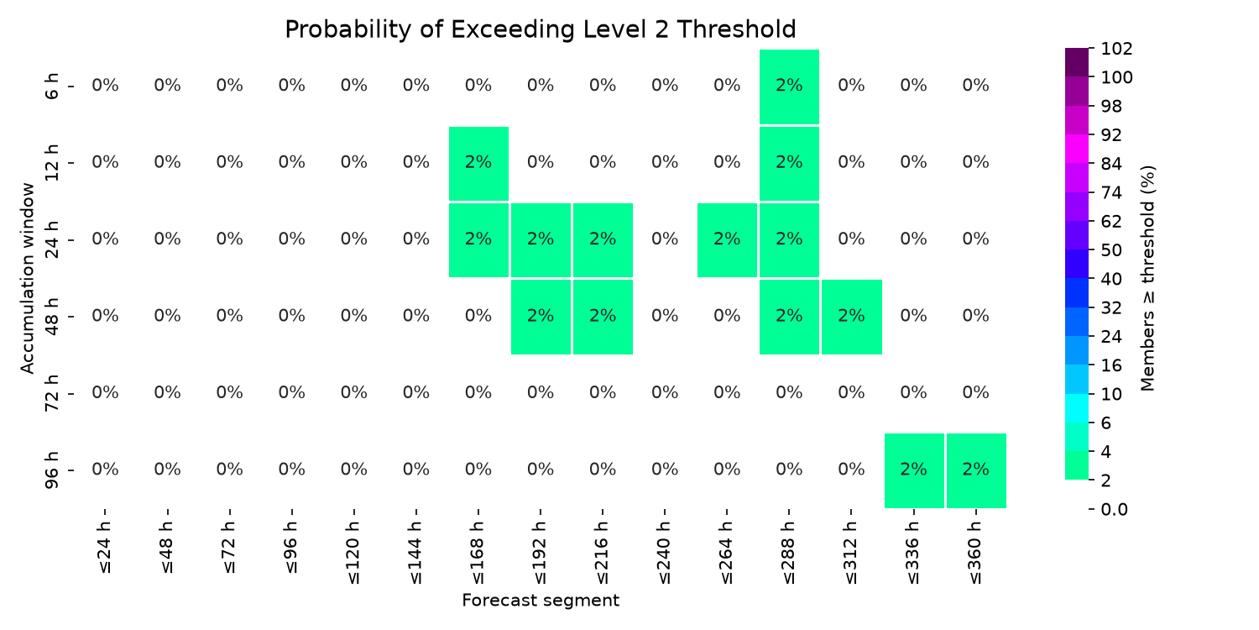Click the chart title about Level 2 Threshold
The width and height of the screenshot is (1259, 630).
pos(541,29)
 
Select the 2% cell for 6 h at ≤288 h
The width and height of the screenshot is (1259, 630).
pos(789,86)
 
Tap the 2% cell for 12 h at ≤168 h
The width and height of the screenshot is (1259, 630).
pos(479,163)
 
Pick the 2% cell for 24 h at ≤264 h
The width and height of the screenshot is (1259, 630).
pos(728,239)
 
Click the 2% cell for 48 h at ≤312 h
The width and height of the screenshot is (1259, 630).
pos(852,317)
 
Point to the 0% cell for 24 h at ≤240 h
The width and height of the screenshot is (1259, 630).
pos(665,239)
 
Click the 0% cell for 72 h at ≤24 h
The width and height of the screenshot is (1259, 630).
pos(105,392)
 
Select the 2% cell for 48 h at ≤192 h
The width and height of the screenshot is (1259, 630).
pos(541,317)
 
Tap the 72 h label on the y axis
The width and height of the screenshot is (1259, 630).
pos(51,392)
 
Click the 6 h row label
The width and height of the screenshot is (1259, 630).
pos(51,86)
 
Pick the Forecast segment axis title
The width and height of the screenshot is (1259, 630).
pos(541,601)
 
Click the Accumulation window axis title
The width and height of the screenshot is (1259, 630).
pos(27,278)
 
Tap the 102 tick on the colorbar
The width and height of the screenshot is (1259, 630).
pos(1117,49)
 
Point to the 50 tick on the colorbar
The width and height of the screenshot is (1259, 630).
pos(1111,250)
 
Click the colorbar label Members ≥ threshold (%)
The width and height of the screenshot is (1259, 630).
pos(1147,278)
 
